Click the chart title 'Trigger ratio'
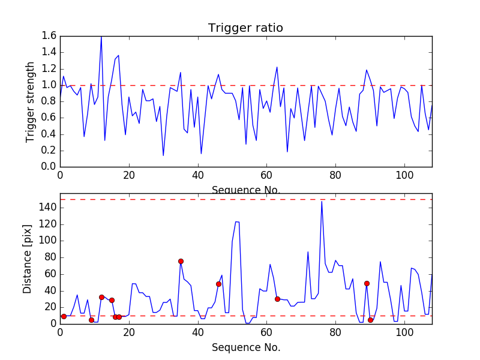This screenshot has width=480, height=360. [x=245, y=28]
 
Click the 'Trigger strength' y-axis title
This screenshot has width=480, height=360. [x=31, y=101]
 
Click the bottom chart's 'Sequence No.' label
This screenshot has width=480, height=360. [x=245, y=347]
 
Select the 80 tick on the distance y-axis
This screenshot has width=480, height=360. [x=49, y=257]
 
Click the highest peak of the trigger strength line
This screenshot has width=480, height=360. [x=101, y=37]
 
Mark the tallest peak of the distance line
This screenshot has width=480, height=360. [x=322, y=201]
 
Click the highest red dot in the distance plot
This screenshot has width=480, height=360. [x=181, y=261]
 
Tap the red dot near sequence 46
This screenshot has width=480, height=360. [x=218, y=284]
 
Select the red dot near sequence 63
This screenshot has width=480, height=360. [x=277, y=299]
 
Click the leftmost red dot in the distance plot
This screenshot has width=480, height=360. [x=64, y=316]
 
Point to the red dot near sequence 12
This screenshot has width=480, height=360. [x=101, y=297]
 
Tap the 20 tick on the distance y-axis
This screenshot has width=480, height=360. [x=49, y=307]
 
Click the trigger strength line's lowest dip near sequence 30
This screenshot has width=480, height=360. [x=163, y=156]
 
